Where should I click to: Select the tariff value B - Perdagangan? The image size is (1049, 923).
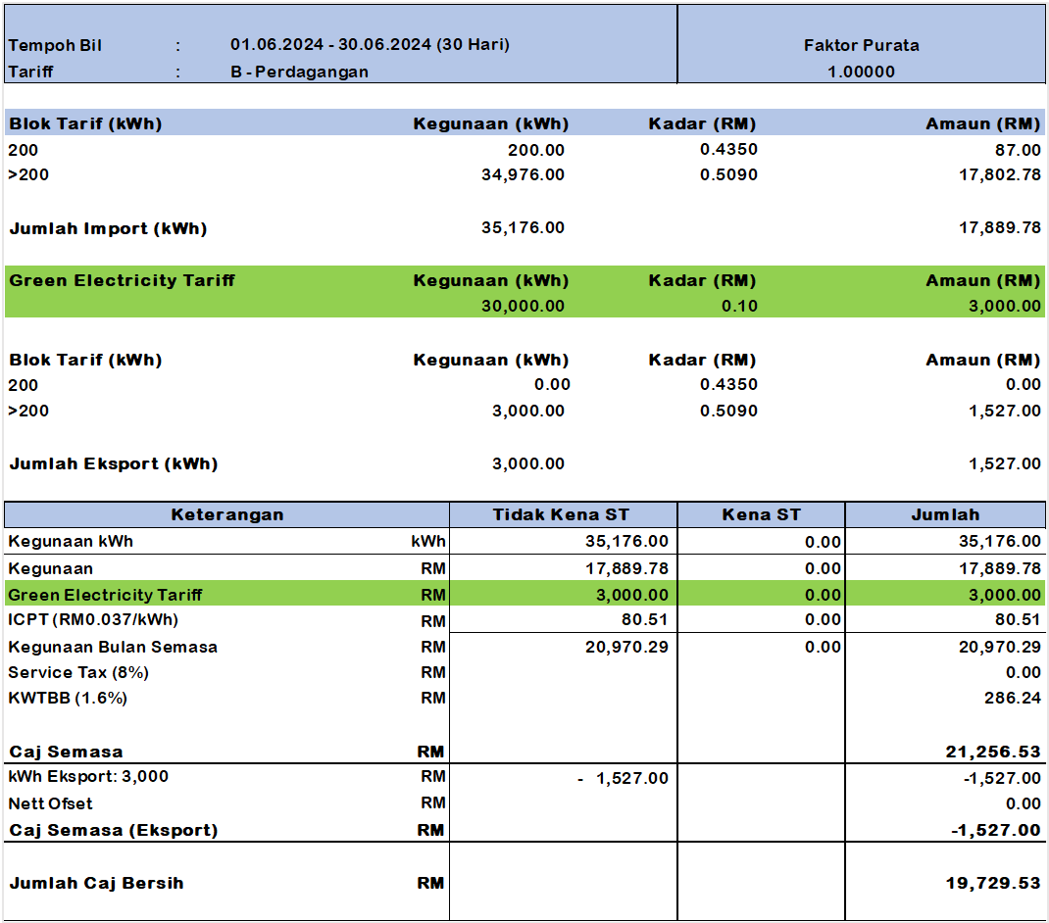tap(299, 72)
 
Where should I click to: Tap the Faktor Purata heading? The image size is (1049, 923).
tap(861, 45)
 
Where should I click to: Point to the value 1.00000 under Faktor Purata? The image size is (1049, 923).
tap(861, 72)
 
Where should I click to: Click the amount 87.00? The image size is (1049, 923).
tap(1018, 150)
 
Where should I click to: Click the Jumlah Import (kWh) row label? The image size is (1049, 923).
tap(108, 228)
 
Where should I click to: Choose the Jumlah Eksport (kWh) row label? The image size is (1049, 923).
tap(113, 463)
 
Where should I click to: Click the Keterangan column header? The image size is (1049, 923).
tap(227, 514)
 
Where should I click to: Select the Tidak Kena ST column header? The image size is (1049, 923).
tap(562, 514)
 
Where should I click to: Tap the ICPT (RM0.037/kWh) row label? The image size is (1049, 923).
tap(93, 620)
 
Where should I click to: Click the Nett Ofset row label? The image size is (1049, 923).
tap(50, 803)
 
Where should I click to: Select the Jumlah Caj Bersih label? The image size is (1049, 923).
tap(96, 883)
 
